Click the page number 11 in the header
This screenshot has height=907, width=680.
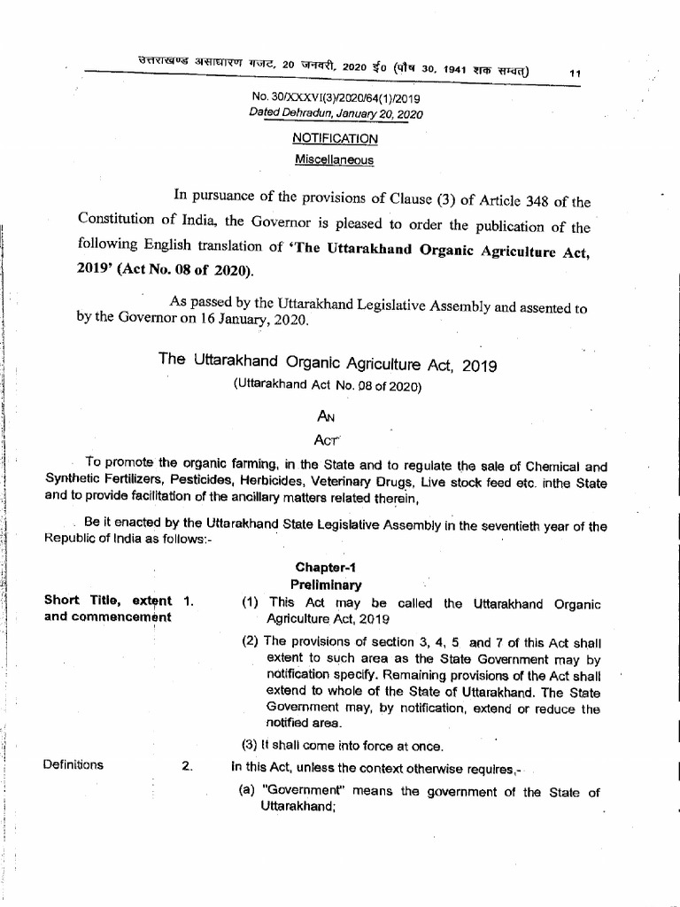coord(576,74)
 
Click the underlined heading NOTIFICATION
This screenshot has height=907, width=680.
coord(335,139)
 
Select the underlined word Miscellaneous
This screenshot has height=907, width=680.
coord(334,160)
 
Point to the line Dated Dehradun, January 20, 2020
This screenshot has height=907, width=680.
coord(336,114)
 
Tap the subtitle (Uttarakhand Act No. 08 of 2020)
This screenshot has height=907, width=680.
coord(328,386)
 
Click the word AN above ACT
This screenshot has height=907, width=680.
coord(327,416)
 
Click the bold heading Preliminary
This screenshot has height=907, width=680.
coord(326,585)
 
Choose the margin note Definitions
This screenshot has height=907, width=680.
coord(73,765)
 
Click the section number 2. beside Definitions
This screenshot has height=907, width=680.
coord(187,766)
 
